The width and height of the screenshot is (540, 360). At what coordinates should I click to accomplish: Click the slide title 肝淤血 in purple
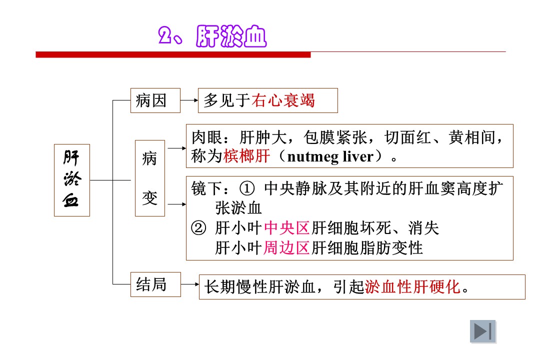click(231, 36)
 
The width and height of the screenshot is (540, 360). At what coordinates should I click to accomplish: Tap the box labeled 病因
click(155, 100)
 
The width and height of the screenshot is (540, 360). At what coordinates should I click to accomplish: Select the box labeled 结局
click(155, 284)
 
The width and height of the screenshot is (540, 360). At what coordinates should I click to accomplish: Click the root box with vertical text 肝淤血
click(72, 180)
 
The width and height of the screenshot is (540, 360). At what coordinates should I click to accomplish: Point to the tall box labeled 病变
click(150, 178)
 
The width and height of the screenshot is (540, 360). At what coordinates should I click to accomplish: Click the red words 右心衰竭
click(283, 100)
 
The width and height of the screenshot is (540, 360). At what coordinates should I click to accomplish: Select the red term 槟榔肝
click(247, 156)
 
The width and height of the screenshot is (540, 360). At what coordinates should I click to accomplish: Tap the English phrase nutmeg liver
click(330, 156)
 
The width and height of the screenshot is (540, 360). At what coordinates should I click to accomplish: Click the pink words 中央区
click(287, 228)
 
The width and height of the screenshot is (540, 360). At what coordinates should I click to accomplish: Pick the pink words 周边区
click(286, 247)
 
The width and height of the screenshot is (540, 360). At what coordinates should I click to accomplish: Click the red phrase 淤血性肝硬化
click(412, 286)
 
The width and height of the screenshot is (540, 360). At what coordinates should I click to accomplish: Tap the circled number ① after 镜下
click(247, 188)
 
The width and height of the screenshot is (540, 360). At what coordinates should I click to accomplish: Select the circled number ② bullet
click(198, 228)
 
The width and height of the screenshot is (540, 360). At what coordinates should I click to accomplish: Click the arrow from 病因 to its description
click(189, 100)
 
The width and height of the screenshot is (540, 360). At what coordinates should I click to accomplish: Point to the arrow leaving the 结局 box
click(190, 284)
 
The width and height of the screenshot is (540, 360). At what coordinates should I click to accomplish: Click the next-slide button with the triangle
click(483, 331)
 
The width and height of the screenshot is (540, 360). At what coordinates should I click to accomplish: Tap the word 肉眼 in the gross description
click(206, 137)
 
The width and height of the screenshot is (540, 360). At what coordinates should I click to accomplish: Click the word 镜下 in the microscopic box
click(206, 188)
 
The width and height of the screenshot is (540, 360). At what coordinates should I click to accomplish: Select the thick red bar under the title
click(173, 55)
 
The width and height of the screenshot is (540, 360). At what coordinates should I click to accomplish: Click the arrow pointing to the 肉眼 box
click(177, 148)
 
